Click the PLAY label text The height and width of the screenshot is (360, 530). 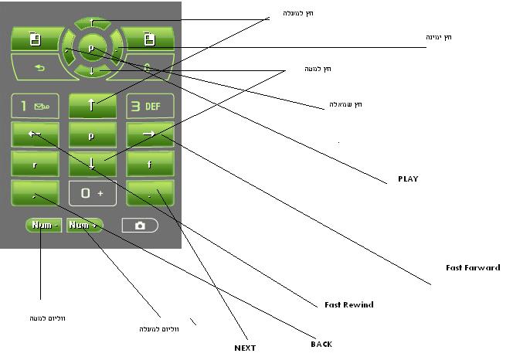(407, 178)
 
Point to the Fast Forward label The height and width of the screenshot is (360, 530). (473, 267)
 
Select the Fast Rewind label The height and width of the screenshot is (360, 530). (348, 304)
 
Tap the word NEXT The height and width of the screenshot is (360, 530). (245, 348)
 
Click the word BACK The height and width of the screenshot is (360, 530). (321, 344)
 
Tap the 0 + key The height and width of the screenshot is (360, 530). (93, 193)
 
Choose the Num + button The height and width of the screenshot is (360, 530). (84, 225)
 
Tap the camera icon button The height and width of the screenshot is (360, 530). (140, 226)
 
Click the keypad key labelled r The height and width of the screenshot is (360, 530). (35, 165)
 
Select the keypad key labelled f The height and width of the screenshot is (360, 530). (150, 165)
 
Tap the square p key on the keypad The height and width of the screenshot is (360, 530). (92, 135)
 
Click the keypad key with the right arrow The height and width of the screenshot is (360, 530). (150, 135)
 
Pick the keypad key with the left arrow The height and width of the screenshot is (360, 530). (35, 135)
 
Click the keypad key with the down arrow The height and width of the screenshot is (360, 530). (92, 164)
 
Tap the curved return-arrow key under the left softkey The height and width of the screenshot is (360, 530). (36, 66)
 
